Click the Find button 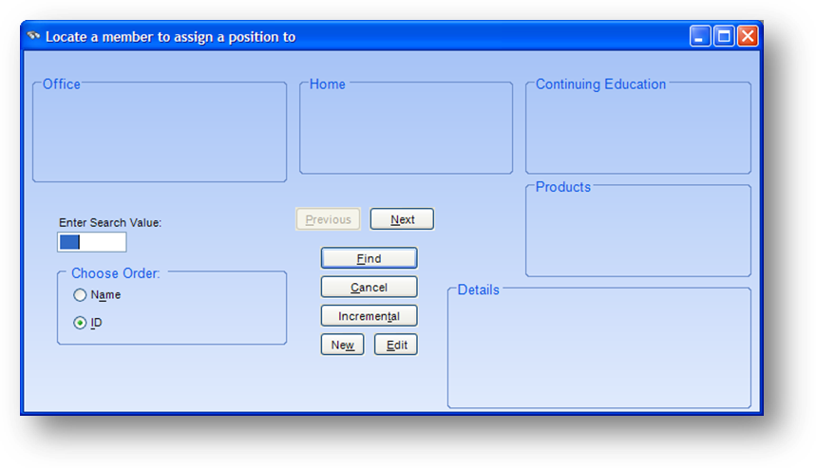369,258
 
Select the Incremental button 369,316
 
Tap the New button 342,345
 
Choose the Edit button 396,345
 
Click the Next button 402,219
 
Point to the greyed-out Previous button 329,219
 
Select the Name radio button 80,295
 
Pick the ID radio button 80,323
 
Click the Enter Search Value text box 92,242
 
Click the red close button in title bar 748,36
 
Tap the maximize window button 724,36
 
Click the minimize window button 700,36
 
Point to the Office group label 62,84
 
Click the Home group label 328,84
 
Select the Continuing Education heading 600,84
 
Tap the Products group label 563,187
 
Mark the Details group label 478,290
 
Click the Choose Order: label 116,273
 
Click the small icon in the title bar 34,36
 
